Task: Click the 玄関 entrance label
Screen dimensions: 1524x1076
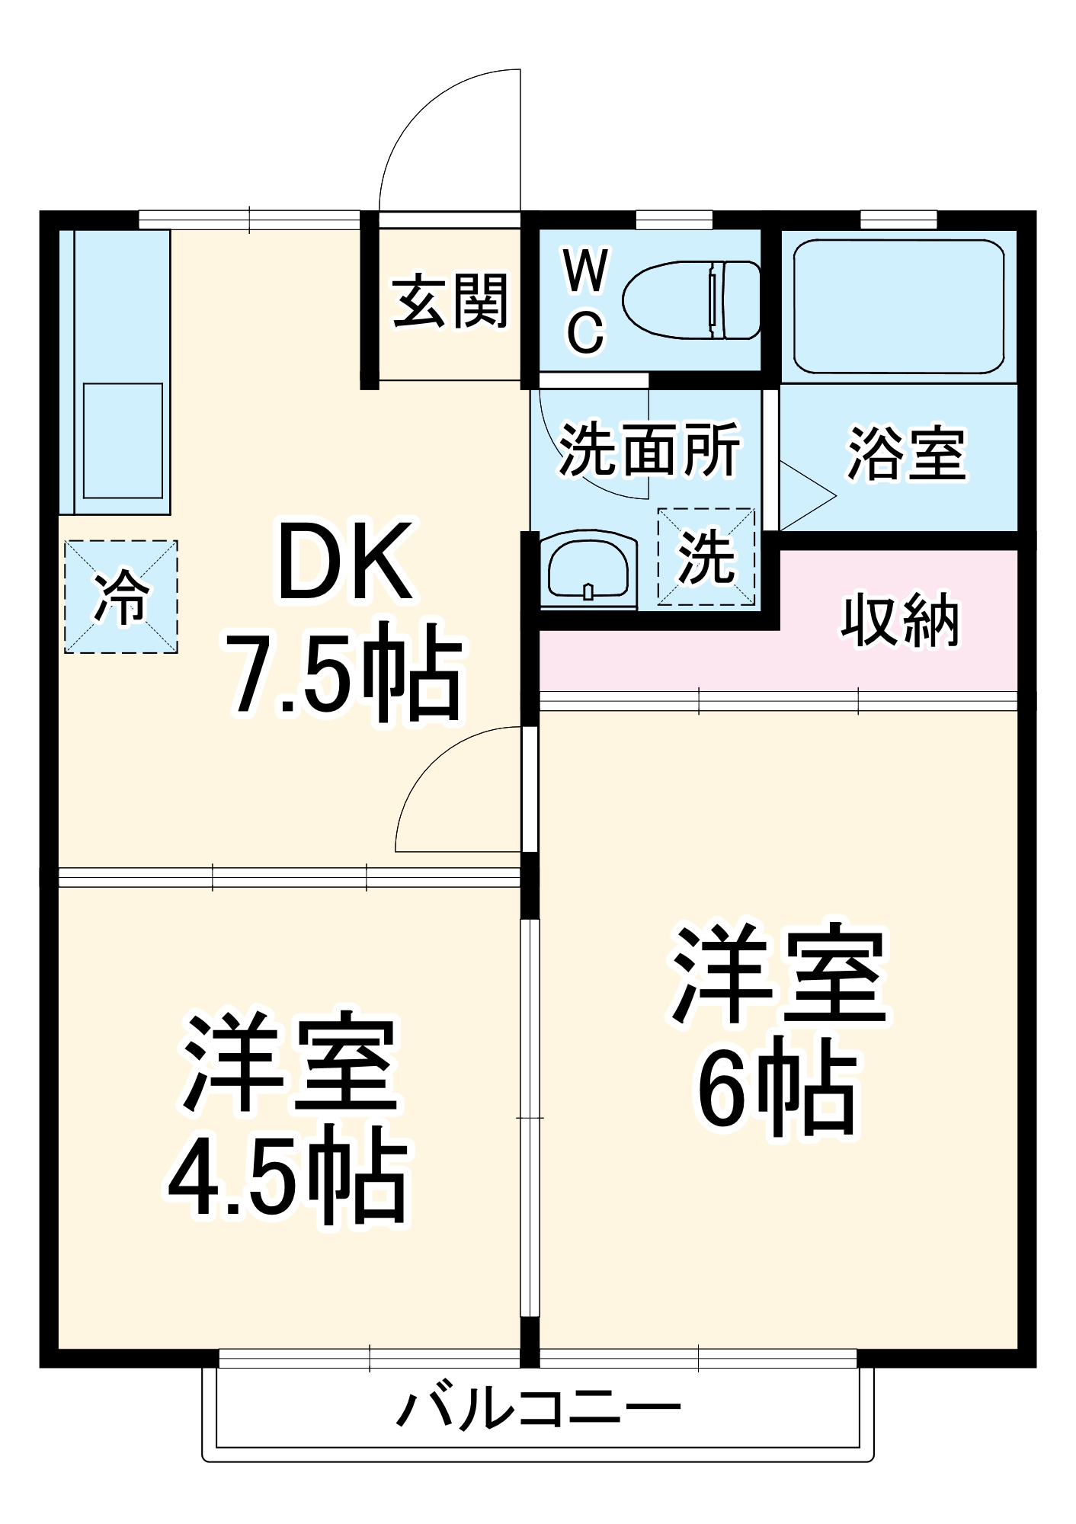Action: (450, 302)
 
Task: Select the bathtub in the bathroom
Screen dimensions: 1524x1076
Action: (898, 306)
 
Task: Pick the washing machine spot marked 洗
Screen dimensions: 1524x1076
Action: (706, 557)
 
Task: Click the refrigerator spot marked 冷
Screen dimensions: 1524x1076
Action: (121, 597)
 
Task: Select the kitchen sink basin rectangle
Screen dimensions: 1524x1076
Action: (123, 440)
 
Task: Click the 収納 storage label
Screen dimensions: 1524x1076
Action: (900, 620)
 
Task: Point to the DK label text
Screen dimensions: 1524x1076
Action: (344, 562)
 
